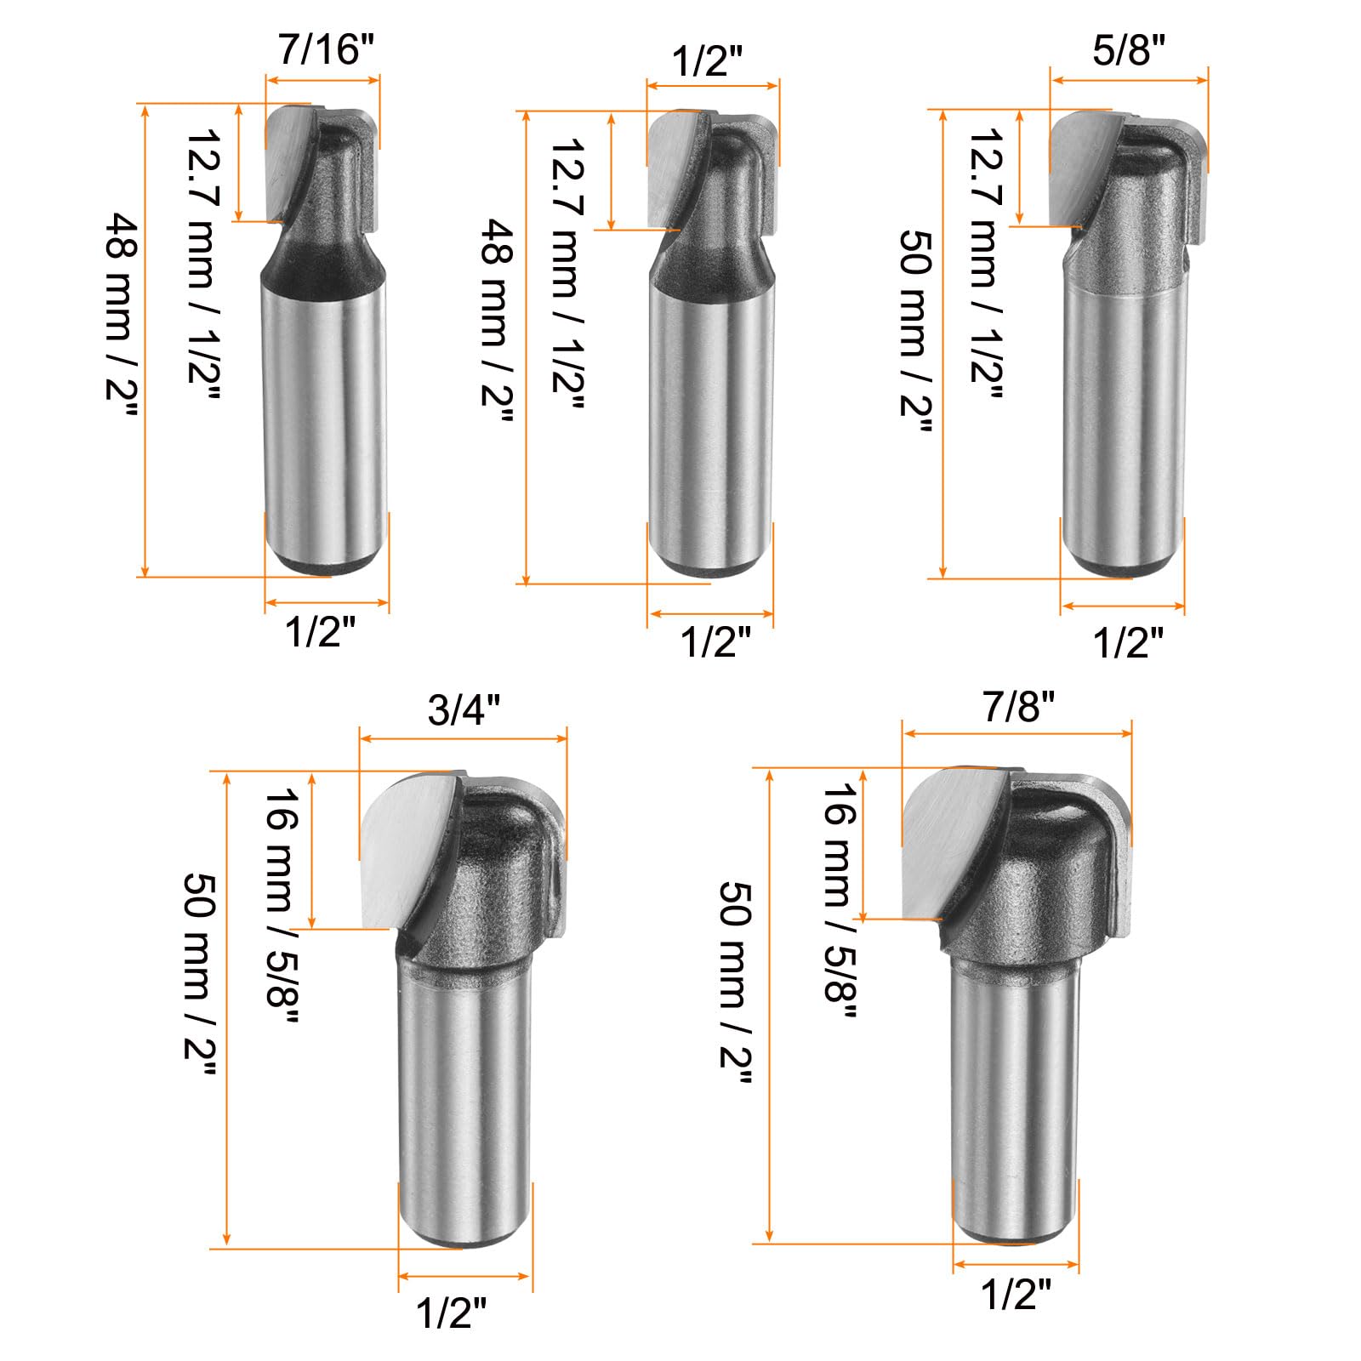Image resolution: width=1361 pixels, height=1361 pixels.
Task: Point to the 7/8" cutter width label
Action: (x=1019, y=705)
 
